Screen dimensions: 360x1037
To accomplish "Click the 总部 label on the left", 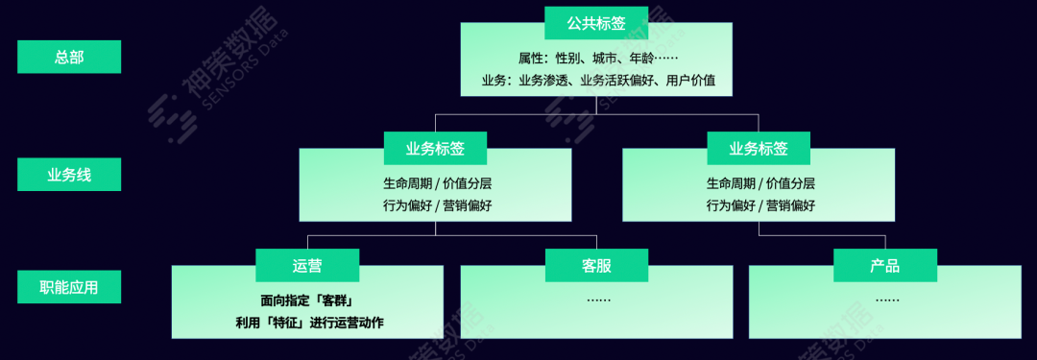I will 69,57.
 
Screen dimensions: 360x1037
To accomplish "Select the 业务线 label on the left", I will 69,175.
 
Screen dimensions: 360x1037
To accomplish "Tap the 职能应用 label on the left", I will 69,286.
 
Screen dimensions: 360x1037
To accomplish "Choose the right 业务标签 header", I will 759,149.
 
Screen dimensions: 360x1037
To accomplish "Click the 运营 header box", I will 307,266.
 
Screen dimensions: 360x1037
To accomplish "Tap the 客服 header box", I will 596,266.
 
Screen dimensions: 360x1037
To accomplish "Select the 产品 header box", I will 884,266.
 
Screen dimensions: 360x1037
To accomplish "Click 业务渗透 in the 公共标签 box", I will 544,81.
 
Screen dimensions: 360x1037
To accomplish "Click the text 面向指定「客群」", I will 307,300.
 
